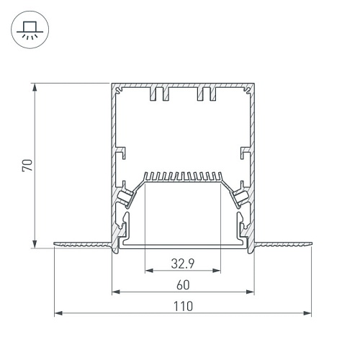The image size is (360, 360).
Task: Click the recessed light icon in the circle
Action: pos(30,30)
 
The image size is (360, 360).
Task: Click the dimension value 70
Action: pos(27,165)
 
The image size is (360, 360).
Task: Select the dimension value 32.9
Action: pos(183,264)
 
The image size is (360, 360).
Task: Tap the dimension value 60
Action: pos(183,285)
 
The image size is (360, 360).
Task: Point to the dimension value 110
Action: pos(183,306)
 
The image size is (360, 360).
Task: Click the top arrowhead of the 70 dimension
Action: pos(35,87)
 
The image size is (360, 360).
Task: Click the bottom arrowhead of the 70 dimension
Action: pos(35,244)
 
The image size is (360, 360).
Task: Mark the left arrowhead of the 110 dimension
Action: pos(58,313)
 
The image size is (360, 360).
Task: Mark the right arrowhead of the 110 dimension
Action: pos(307,313)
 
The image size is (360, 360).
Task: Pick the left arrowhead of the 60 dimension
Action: pos(116,292)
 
